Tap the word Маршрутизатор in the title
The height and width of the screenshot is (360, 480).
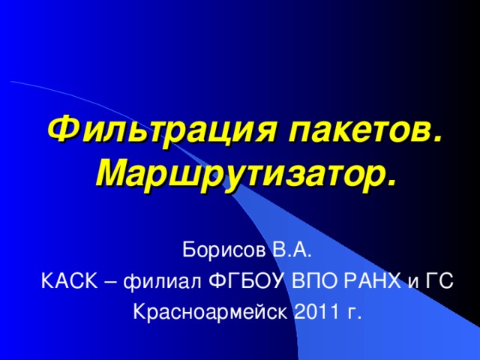click(238, 174)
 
